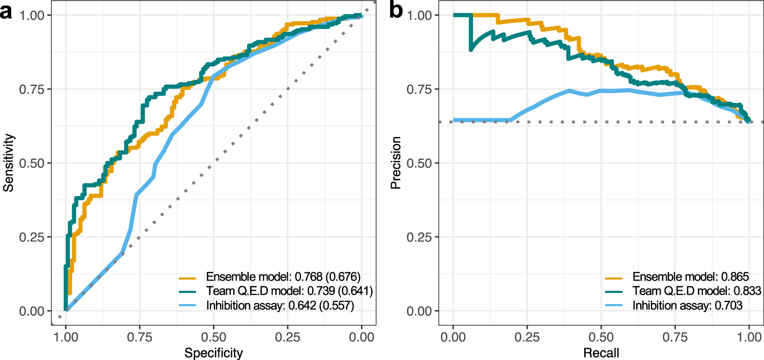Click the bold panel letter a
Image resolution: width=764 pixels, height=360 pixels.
pyautogui.click(x=7, y=11)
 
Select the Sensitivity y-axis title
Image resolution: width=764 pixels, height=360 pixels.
pyautogui.click(x=8, y=163)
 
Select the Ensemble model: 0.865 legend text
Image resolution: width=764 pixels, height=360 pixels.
pyautogui.click(x=690, y=278)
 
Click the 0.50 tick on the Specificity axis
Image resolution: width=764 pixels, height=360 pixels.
pyautogui.click(x=213, y=336)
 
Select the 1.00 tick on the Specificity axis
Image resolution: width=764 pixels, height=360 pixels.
pyautogui.click(x=66, y=336)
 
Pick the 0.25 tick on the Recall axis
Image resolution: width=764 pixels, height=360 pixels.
pyautogui.click(x=527, y=336)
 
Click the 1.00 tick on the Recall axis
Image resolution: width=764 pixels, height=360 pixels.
pyautogui.click(x=749, y=336)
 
